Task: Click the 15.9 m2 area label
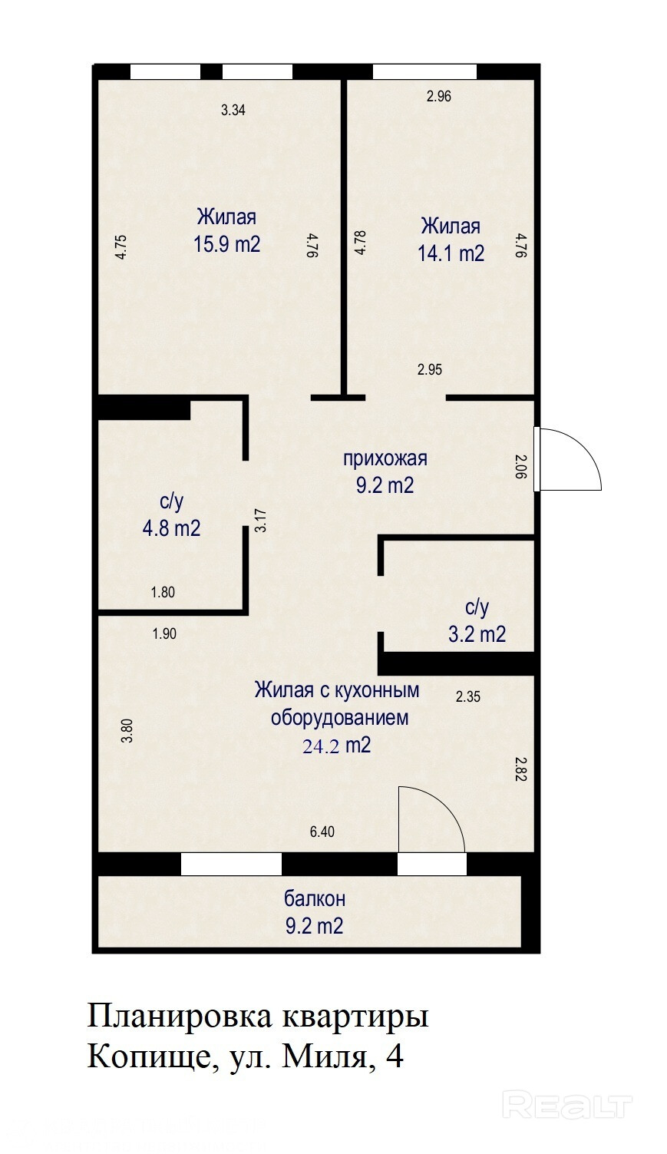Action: tap(226, 244)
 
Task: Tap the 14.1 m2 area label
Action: tap(451, 253)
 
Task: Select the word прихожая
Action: tap(385, 458)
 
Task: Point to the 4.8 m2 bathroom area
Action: tap(171, 528)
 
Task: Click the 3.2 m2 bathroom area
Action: tap(477, 634)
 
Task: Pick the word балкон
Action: tap(315, 899)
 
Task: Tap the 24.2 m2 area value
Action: tap(336, 746)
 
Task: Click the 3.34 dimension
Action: tap(233, 110)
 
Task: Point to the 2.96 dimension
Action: tap(439, 96)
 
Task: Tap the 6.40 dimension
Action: tap(322, 832)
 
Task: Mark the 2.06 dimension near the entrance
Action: tap(521, 466)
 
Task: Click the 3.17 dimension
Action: tap(261, 521)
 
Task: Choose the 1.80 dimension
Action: tap(163, 593)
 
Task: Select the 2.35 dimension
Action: tap(467, 697)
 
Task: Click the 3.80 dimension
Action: tap(127, 730)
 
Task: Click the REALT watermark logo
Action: tap(567, 1088)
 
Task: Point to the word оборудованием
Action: tap(339, 718)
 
